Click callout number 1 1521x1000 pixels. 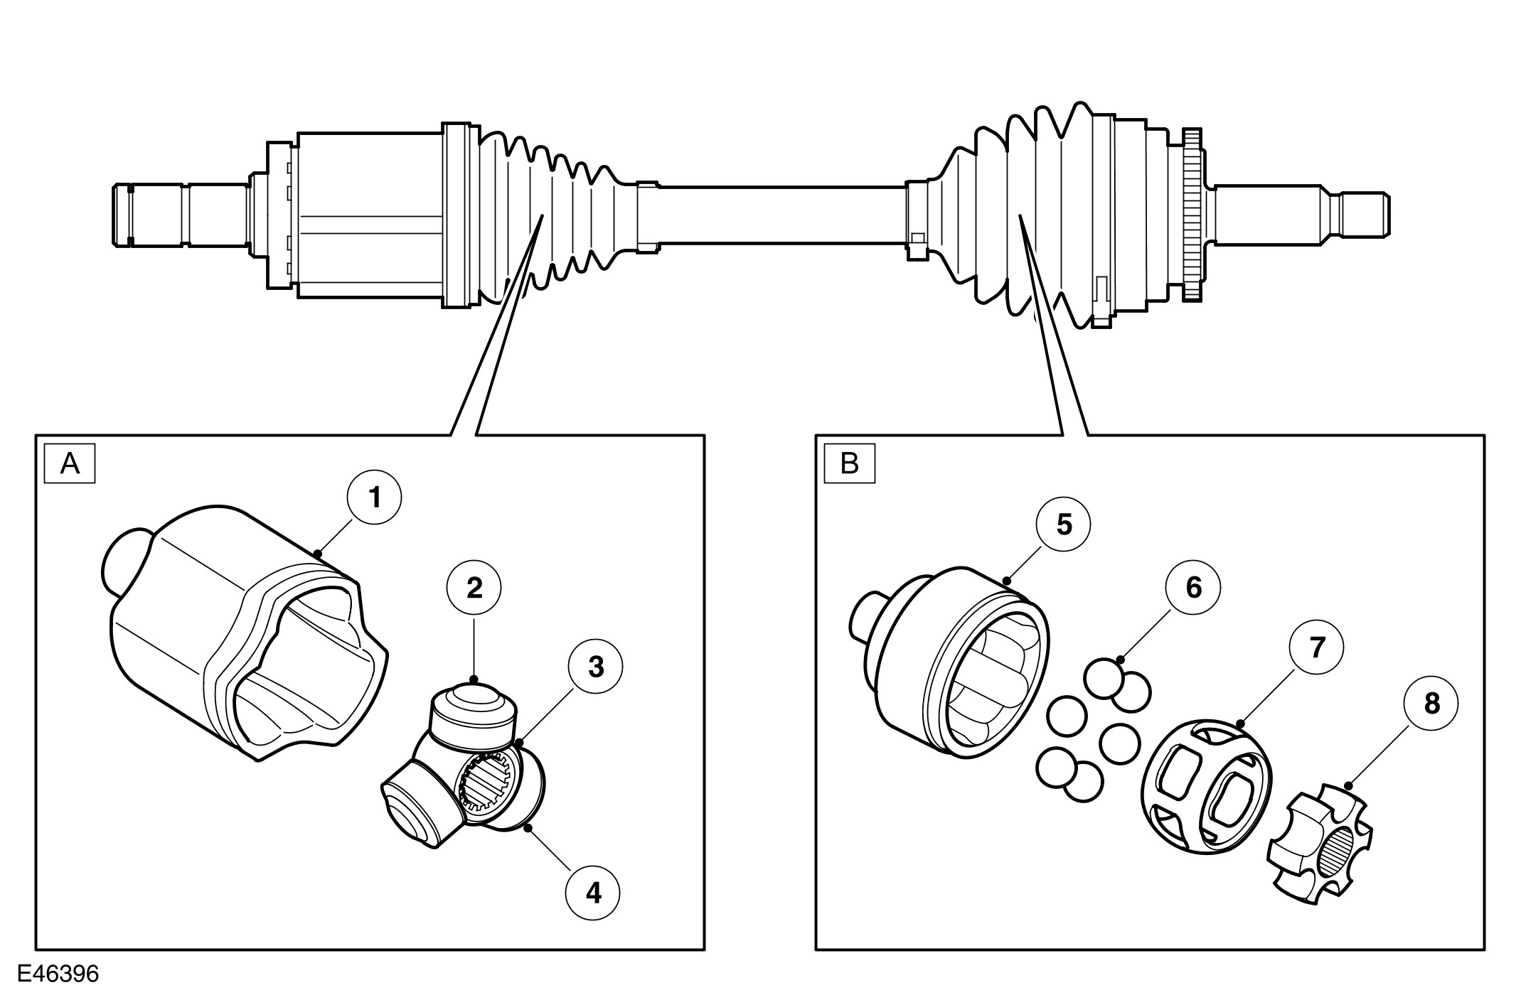click(x=375, y=498)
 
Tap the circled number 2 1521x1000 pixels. click(x=474, y=588)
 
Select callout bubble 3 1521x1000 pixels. click(x=596, y=667)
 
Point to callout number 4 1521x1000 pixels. click(x=593, y=893)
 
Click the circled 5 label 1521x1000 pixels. click(x=1064, y=525)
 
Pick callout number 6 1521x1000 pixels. click(x=1193, y=588)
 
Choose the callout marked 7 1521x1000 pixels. click(x=1317, y=647)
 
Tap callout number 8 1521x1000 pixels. click(x=1431, y=704)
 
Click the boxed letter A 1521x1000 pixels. click(x=70, y=464)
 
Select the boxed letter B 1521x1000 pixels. click(x=849, y=464)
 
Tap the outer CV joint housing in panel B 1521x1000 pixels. click(x=953, y=668)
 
